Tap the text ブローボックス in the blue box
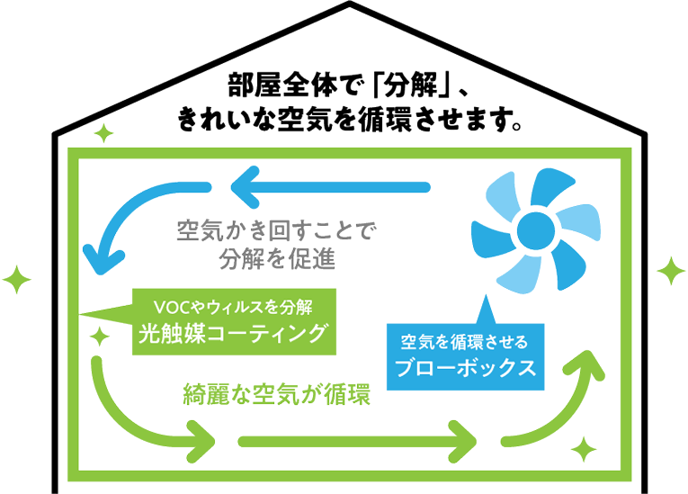coord(466,368)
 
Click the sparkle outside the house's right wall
coord(670,269)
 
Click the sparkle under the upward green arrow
coord(585,446)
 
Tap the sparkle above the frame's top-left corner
coord(106,136)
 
